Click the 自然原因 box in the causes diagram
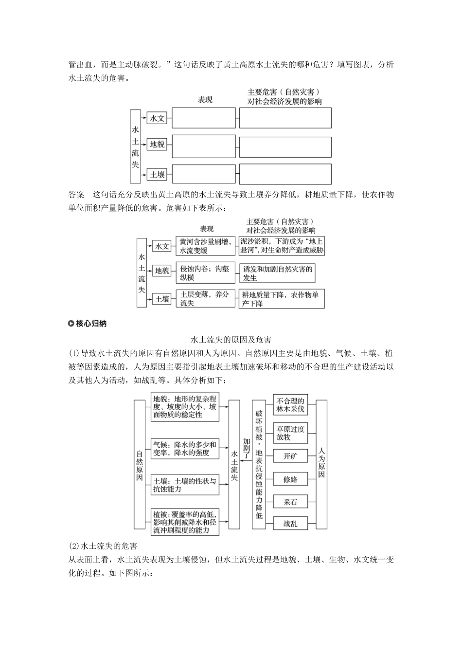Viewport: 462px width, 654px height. pyautogui.click(x=140, y=464)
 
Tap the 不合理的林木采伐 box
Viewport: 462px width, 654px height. pyautogui.click(x=290, y=405)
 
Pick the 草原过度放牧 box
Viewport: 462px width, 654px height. pyautogui.click(x=290, y=433)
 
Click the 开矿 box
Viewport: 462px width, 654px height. pyautogui.click(x=290, y=456)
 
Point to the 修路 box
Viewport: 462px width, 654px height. pyautogui.click(x=290, y=479)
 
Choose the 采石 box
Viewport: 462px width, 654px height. pyautogui.click(x=290, y=502)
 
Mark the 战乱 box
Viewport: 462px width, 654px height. pyautogui.click(x=290, y=524)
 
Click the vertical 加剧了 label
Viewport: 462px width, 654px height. pyautogui.click(x=247, y=448)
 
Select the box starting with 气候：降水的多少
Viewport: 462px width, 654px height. pyautogui.click(x=185, y=448)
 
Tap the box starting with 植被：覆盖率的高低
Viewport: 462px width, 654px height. pyautogui.click(x=185, y=522)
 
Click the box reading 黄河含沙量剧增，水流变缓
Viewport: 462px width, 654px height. pyautogui.click(x=206, y=246)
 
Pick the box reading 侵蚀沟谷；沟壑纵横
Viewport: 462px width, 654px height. pyautogui.click(x=206, y=273)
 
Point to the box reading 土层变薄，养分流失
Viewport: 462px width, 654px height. pyautogui.click(x=206, y=299)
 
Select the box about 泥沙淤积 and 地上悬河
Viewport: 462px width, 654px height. pyautogui.click(x=282, y=246)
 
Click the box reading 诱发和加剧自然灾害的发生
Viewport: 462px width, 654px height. pyautogui.click(x=277, y=273)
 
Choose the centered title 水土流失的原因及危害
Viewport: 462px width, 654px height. pyautogui.click(x=231, y=339)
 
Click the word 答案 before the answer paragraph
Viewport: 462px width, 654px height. pyautogui.click(x=76, y=195)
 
